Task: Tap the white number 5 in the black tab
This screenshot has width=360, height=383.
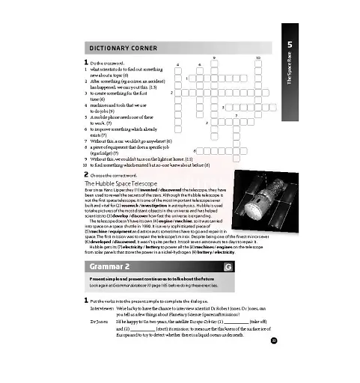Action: pos(289,46)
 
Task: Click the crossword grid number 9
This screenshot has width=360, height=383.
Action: pos(216,58)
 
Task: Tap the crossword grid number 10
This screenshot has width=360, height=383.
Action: pos(257,58)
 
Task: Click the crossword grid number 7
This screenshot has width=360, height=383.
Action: pos(237,114)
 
